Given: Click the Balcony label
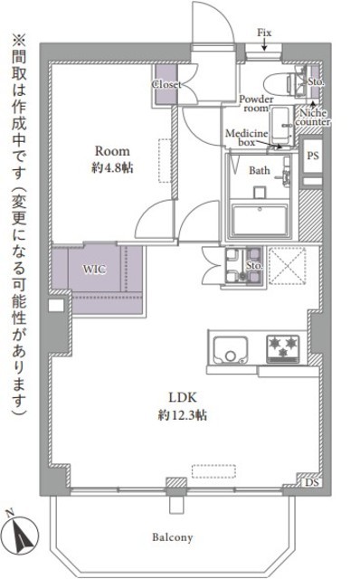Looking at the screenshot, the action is [173, 537].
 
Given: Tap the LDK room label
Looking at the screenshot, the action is [183, 397].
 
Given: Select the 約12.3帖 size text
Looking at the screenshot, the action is [183, 415].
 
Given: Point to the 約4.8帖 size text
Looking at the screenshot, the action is [112, 168].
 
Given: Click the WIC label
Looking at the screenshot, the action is [94, 269].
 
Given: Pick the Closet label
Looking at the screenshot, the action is [166, 84].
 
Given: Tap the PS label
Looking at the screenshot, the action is [313, 156].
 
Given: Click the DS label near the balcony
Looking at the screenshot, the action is [312, 482].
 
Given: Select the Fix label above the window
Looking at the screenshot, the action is [264, 33].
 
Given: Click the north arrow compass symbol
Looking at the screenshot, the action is [22, 533].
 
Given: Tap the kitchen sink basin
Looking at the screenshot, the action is [231, 349].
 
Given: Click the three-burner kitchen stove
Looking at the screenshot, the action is [283, 348].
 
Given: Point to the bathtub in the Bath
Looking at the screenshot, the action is [260, 220].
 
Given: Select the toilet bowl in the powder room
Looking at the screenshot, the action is [280, 83].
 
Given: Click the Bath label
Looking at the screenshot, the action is [260, 170].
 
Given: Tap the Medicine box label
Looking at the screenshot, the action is [246, 138].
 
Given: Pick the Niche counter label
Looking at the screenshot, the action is [313, 118].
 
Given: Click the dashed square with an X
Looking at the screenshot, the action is [288, 266].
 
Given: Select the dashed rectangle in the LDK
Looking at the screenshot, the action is [213, 471].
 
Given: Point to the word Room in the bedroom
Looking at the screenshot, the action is [112, 151].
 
